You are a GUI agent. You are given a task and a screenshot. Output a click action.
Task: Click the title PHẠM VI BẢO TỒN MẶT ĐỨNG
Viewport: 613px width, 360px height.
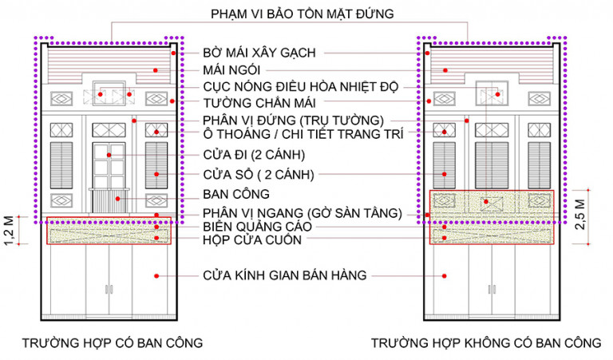tap(303, 14)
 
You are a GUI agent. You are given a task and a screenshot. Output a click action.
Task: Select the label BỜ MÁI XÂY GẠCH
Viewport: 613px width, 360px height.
tap(259, 53)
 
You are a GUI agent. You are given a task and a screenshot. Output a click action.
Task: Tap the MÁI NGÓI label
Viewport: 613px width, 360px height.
tap(231, 70)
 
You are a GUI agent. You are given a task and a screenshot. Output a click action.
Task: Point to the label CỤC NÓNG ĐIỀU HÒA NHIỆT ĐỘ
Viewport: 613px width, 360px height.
tap(301, 86)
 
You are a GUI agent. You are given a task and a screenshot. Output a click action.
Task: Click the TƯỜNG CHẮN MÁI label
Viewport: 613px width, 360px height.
tap(259, 103)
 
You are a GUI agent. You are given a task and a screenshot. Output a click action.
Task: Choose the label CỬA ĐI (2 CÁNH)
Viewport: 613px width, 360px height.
tap(254, 155)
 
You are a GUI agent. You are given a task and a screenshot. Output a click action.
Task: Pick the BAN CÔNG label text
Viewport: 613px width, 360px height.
tap(236, 194)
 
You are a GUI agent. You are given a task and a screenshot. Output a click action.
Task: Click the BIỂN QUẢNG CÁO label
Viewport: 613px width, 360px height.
tap(257, 227)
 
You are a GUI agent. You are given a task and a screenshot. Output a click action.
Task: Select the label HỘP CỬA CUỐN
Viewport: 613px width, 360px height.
tap(252, 239)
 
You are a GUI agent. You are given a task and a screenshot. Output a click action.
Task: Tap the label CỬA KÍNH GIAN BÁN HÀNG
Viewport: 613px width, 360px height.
tap(285, 275)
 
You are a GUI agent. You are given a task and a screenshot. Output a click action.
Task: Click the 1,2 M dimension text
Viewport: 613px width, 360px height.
tap(9, 231)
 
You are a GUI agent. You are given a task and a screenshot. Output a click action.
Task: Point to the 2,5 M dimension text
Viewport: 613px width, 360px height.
tap(580, 214)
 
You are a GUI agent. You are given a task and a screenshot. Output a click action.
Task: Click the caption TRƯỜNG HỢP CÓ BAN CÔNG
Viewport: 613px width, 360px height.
tap(113, 342)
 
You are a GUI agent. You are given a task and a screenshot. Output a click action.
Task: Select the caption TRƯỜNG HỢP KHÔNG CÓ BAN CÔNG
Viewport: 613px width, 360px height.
tap(486, 342)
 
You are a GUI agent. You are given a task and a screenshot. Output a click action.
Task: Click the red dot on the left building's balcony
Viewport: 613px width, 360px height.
tap(117, 199)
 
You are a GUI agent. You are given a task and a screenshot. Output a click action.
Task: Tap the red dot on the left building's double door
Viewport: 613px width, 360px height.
tap(109, 155)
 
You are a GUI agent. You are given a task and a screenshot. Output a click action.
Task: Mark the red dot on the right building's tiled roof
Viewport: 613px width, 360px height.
tap(445, 70)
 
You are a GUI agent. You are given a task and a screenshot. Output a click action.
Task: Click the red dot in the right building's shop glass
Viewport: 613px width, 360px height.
tap(445, 276)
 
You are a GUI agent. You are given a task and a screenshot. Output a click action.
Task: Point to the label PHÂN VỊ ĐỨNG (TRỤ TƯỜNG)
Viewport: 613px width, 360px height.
tap(293, 120)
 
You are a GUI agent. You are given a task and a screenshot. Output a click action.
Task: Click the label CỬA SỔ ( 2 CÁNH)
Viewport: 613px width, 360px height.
tap(259, 174)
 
